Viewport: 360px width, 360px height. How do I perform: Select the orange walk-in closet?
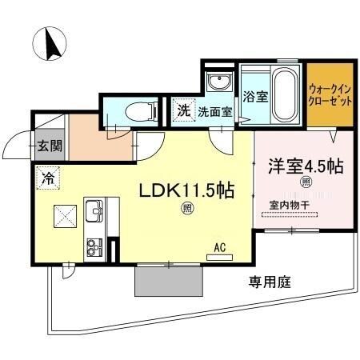pyautogui.click(x=329, y=96)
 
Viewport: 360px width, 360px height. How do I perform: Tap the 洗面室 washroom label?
pyautogui.click(x=214, y=111)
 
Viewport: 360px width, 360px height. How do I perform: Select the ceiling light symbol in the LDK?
pyautogui.click(x=186, y=210)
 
